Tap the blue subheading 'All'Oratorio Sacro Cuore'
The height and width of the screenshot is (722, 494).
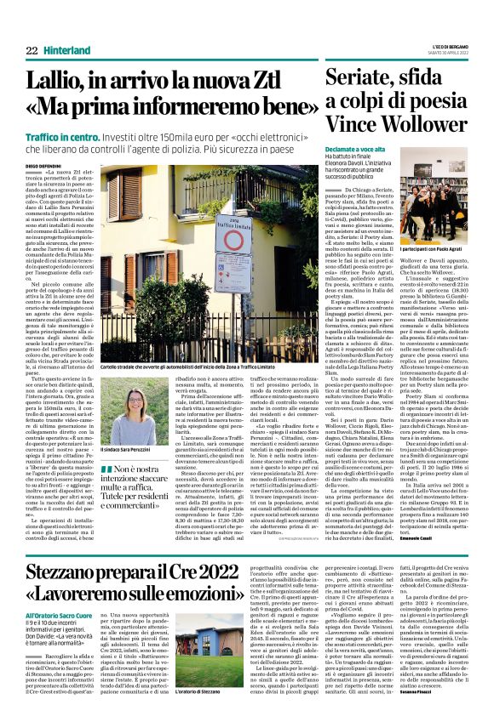[x=58, y=613]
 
